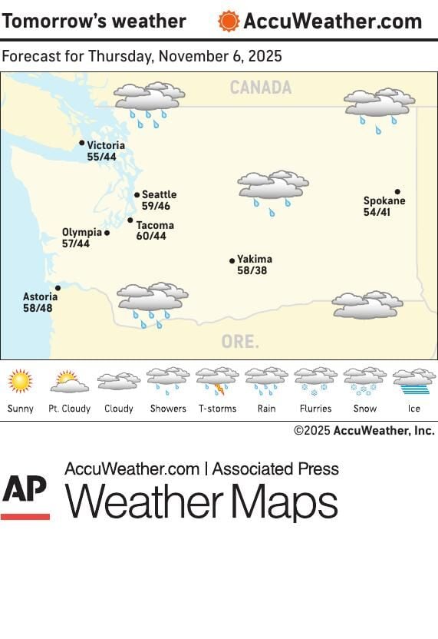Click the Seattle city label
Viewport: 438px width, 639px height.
coord(159,195)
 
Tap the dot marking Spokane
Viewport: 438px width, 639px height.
coord(397,191)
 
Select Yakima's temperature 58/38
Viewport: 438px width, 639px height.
coord(252,270)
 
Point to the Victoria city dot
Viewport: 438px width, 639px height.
coord(82,143)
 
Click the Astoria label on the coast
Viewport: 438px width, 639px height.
coord(40,297)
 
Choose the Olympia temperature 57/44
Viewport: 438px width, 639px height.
coord(76,243)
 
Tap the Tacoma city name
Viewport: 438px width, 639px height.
coord(155,226)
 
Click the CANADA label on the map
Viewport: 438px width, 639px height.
coord(260,88)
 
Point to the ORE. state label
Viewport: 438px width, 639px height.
coord(240,342)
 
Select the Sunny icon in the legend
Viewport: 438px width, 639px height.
coord(21,381)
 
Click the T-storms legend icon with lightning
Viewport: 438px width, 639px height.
coord(217,381)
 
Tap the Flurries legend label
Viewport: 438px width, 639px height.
coord(315,409)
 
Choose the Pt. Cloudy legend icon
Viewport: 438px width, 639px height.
coord(69,381)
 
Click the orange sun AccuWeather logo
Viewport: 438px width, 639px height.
coord(228,21)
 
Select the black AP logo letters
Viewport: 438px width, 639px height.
coord(25,489)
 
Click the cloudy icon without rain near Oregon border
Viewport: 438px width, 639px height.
coord(367,305)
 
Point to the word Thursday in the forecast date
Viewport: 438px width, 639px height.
coord(115,57)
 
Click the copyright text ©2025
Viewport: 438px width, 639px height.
coord(312,431)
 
